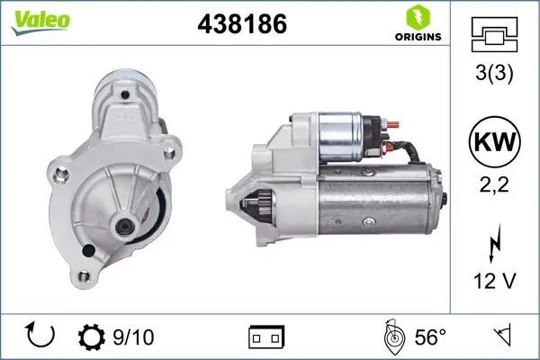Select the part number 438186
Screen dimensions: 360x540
coord(241,25)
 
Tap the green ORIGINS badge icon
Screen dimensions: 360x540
coord(418,17)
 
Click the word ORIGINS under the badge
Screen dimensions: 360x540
coord(418,38)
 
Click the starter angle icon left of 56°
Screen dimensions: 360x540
coord(391,337)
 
